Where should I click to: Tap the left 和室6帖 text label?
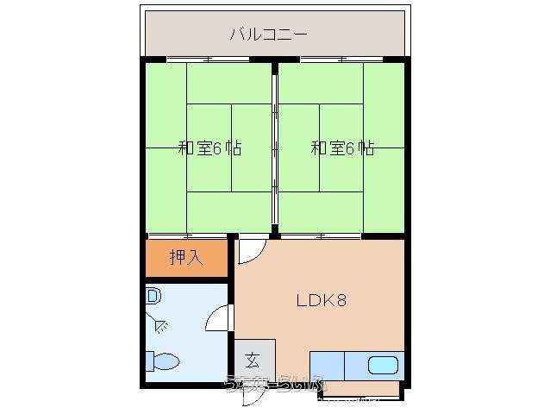click(x=209, y=147)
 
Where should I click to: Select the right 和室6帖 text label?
click(x=342, y=147)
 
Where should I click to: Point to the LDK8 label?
click(x=322, y=301)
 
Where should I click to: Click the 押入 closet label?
click(x=185, y=256)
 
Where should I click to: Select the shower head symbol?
click(x=162, y=325)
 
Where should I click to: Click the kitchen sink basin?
click(x=383, y=364)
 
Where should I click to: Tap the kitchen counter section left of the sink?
click(x=327, y=366)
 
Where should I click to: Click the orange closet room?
click(x=186, y=257)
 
